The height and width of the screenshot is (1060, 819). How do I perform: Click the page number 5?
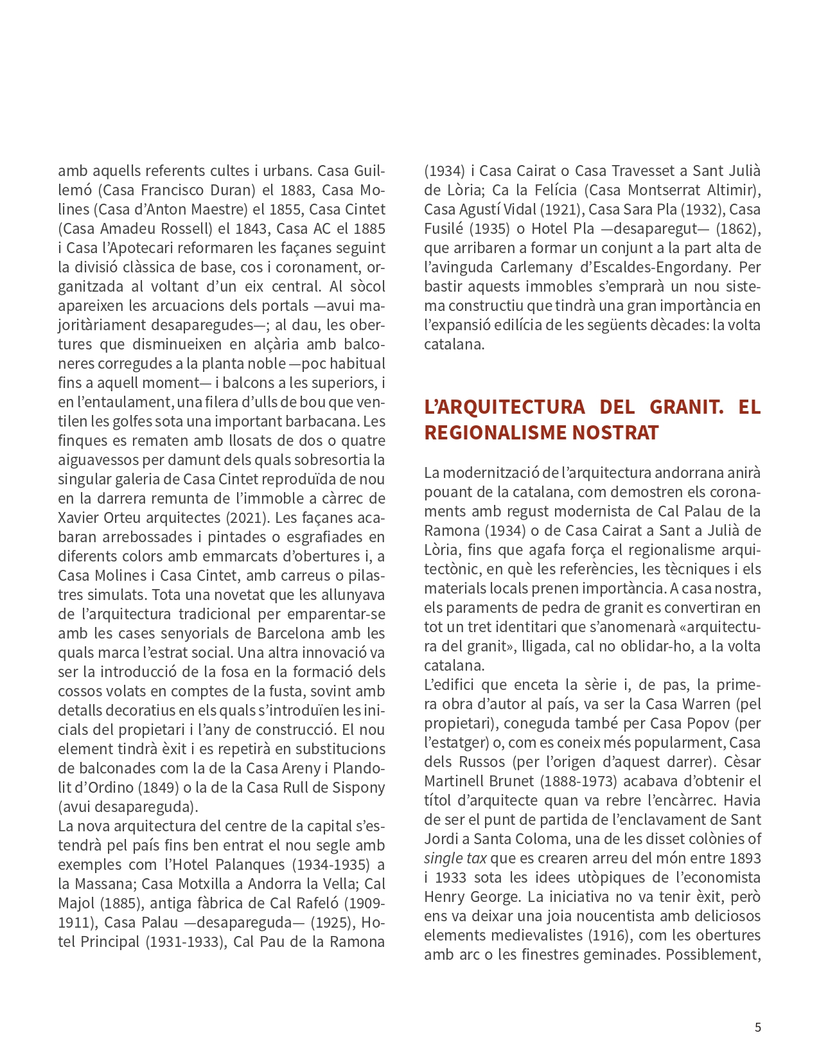[x=757, y=1027]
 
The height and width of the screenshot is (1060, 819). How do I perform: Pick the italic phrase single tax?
[x=455, y=858]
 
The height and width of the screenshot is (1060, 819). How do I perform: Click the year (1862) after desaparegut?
[x=737, y=229]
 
